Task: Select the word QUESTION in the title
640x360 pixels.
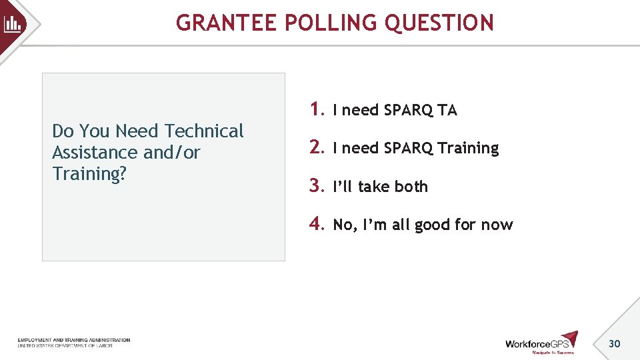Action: pyautogui.click(x=440, y=23)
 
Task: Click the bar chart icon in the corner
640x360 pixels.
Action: pyautogui.click(x=13, y=25)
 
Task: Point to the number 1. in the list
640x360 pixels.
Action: pyautogui.click(x=317, y=109)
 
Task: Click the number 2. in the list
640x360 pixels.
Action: pyautogui.click(x=317, y=147)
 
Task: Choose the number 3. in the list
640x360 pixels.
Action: pyautogui.click(x=317, y=186)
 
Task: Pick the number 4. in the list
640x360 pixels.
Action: pyautogui.click(x=317, y=224)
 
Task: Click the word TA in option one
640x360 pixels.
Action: pyautogui.click(x=447, y=111)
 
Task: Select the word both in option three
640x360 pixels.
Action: pyautogui.click(x=411, y=187)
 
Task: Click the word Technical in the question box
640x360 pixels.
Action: pyautogui.click(x=204, y=131)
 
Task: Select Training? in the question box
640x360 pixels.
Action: pyautogui.click(x=89, y=174)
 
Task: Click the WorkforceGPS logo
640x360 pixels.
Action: pyautogui.click(x=541, y=342)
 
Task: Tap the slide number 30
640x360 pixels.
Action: pyautogui.click(x=614, y=343)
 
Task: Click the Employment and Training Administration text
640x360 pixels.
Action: pyautogui.click(x=73, y=340)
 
